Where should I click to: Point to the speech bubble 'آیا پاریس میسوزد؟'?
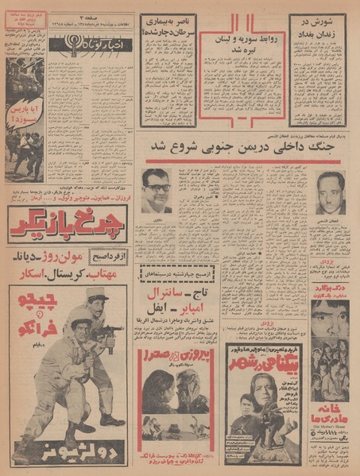click(24, 117)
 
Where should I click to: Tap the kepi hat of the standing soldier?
click(96, 296)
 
